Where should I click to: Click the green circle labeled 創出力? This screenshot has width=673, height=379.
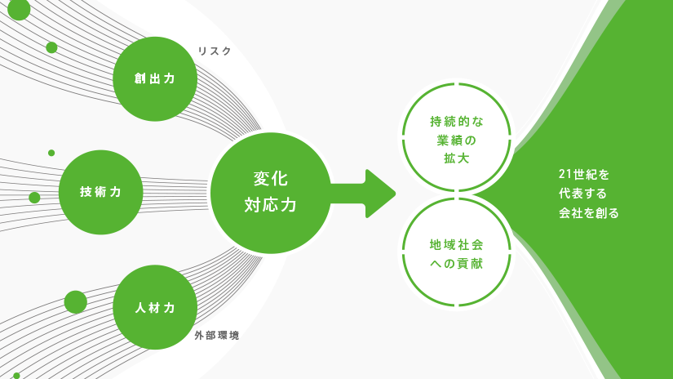click(155, 79)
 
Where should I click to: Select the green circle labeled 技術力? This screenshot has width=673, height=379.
click(101, 192)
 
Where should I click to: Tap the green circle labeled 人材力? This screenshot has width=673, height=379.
click(155, 307)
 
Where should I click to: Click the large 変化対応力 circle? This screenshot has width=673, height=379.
click(270, 193)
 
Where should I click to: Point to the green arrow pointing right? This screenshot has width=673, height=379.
click(363, 194)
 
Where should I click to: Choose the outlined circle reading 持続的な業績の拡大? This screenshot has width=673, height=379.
click(457, 137)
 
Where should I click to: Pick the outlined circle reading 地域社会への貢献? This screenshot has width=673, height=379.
click(457, 252)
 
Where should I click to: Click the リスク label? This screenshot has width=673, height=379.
click(215, 51)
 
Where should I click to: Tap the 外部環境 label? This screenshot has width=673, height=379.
click(217, 335)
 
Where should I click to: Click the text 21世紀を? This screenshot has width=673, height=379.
click(584, 175)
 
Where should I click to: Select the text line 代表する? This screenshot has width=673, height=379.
click(582, 194)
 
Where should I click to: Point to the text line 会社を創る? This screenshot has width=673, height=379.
click(588, 212)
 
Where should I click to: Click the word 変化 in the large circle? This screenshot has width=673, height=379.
click(270, 179)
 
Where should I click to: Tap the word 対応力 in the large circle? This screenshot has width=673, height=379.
click(270, 205)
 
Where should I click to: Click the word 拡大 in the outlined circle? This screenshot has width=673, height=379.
click(456, 158)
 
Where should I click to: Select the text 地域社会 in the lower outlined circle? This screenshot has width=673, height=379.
click(456, 245)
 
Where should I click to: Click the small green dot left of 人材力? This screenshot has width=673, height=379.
click(76, 302)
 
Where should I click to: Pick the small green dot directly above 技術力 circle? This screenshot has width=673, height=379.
click(51, 153)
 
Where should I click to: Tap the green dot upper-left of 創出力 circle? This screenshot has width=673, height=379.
click(51, 47)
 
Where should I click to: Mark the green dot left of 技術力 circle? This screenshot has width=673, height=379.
click(34, 198)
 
